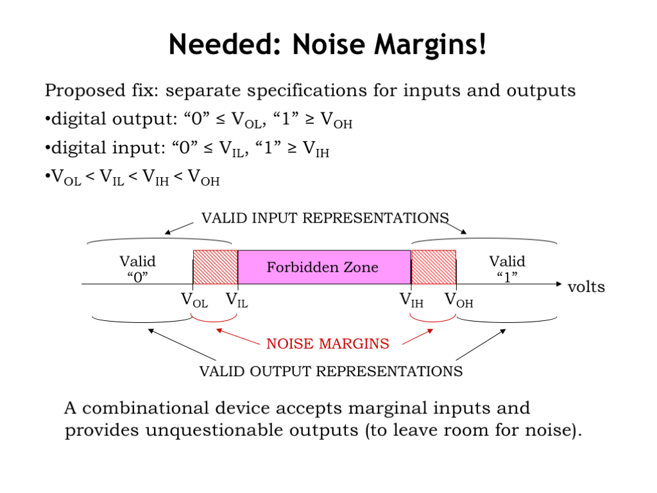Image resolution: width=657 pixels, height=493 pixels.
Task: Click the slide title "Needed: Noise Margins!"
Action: (x=328, y=44)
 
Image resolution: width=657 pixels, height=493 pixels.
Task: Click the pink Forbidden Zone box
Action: (x=323, y=267)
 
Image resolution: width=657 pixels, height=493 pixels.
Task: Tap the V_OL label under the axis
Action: (x=195, y=300)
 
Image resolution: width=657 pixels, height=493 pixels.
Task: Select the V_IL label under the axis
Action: (x=236, y=300)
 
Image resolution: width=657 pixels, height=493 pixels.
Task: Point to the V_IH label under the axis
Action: (x=411, y=300)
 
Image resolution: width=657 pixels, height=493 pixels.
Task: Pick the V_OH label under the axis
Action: (x=459, y=300)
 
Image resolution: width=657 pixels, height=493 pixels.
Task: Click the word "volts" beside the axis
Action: (x=586, y=286)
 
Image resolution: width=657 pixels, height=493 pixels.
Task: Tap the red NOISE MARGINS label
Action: (x=327, y=343)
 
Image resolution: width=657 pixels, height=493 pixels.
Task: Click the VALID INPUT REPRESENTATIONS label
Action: (x=325, y=218)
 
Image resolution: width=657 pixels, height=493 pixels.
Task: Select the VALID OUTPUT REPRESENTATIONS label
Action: (x=330, y=371)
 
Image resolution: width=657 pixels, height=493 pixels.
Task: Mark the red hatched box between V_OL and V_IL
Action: (x=215, y=267)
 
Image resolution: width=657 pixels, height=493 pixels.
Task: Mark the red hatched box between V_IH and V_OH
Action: (x=434, y=267)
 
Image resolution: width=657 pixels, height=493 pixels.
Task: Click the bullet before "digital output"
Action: (x=47, y=120)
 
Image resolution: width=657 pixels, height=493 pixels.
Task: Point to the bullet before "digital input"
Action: (x=47, y=150)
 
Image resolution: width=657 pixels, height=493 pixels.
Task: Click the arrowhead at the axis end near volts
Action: (x=558, y=284)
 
